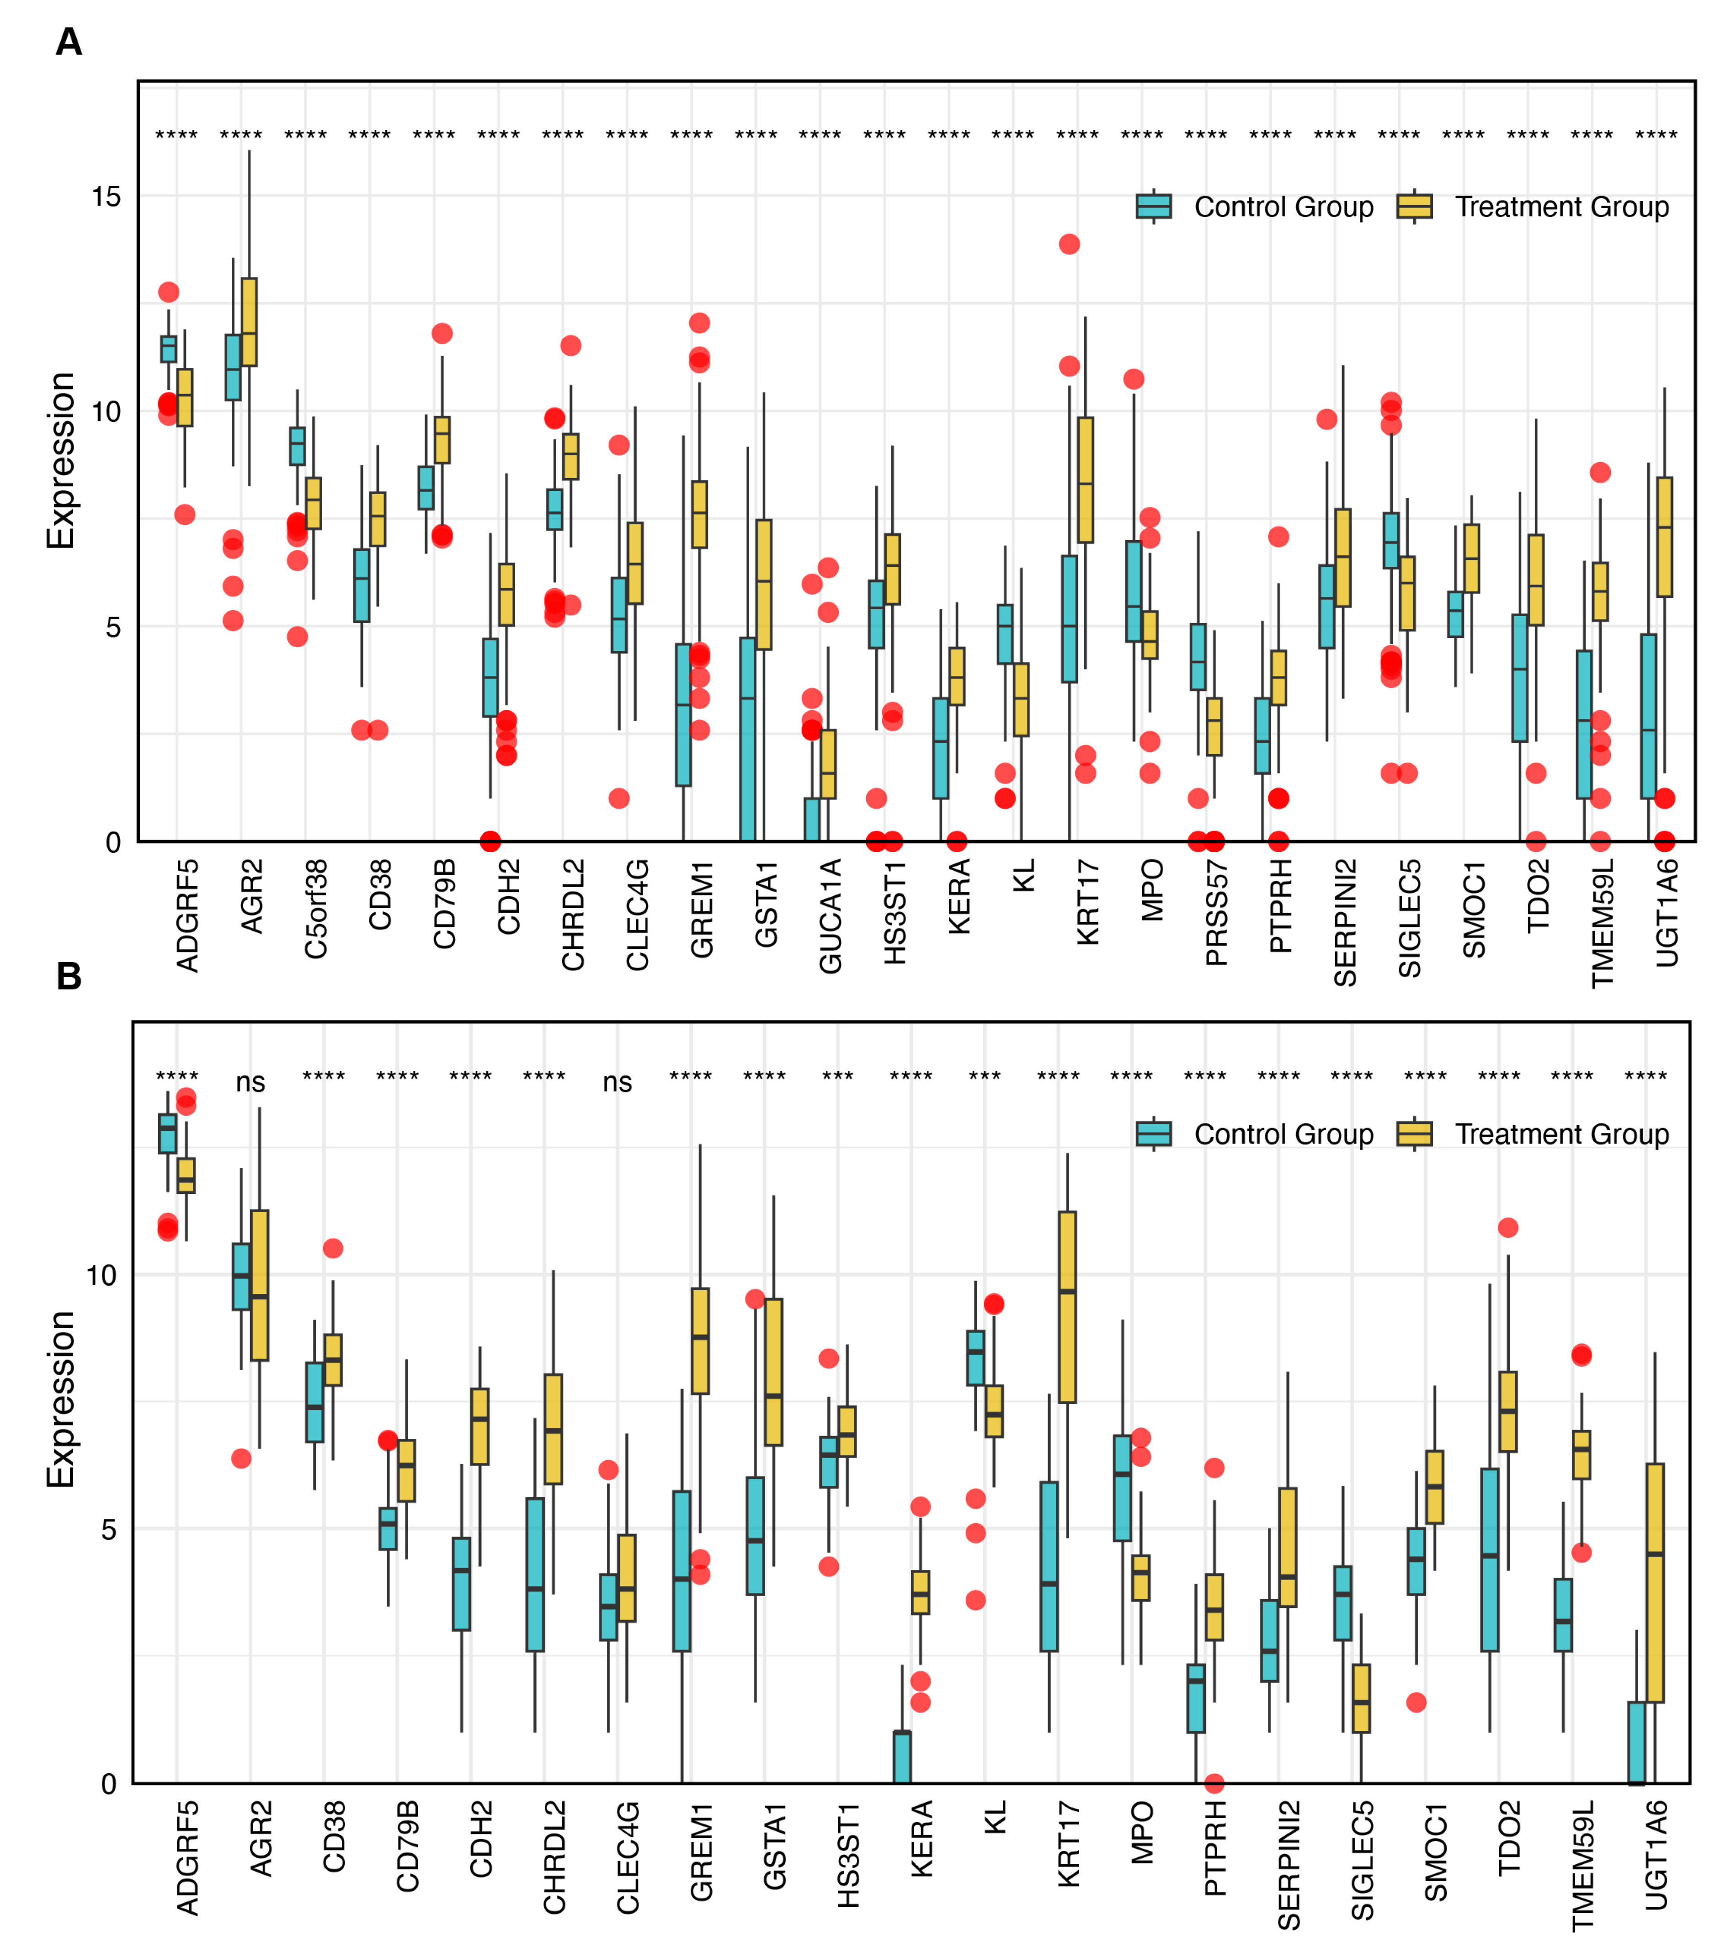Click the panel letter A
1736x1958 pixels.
pos(69,42)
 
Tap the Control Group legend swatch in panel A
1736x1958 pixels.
pos(1154,206)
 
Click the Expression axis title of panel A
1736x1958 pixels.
pos(60,460)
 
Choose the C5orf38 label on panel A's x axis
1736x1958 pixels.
pos(316,908)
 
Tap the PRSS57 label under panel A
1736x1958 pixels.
pos(1217,912)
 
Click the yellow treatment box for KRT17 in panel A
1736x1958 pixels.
pos(1086,479)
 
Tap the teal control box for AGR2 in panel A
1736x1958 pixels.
pos(233,367)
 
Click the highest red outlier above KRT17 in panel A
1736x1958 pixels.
pos(1069,244)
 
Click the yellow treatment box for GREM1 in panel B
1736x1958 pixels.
pos(700,1341)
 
